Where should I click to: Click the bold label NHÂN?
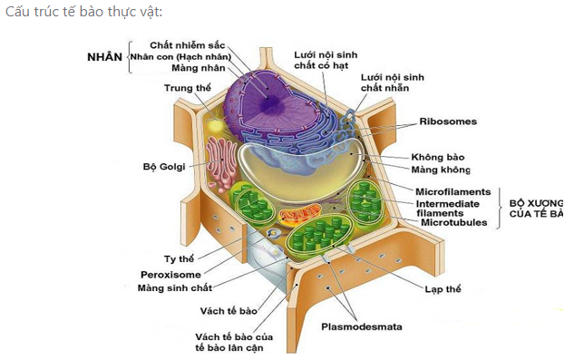(x=104, y=56)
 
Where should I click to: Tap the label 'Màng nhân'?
(x=197, y=69)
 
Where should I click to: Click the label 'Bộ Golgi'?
(x=163, y=167)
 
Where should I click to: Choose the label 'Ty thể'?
(x=179, y=258)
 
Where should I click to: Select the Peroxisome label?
(x=170, y=274)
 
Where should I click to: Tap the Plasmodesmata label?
(x=362, y=326)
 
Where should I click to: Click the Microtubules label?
(x=454, y=222)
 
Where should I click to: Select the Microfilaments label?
(x=452, y=192)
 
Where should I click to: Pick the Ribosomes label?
(x=447, y=122)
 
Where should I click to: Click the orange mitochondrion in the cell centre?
(x=293, y=217)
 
